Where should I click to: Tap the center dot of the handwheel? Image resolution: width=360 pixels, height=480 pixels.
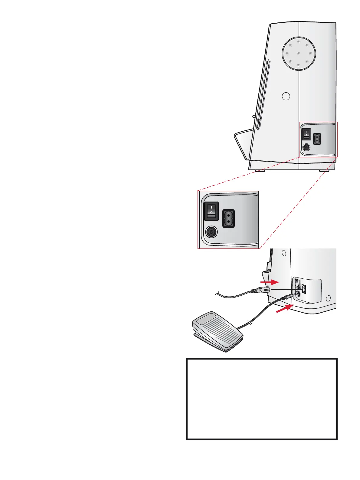coord(299,54)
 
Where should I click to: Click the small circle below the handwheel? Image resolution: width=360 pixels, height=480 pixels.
coord(286,96)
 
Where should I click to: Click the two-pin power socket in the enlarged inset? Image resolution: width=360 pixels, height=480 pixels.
coord(228,218)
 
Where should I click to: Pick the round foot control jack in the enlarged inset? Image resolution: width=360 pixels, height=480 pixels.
coord(211,232)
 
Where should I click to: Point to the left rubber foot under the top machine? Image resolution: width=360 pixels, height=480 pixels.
coord(260,171)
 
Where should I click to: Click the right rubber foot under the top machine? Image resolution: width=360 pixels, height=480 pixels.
coord(325,171)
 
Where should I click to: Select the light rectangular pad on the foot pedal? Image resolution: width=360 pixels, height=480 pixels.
coord(206,320)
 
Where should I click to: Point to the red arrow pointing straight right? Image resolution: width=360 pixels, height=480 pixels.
coord(270,282)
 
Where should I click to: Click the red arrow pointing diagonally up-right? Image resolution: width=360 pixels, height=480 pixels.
coord(285,309)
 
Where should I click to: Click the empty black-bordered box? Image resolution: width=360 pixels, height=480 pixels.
coord(262,399)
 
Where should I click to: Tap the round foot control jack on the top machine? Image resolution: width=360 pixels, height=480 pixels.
coord(306,147)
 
